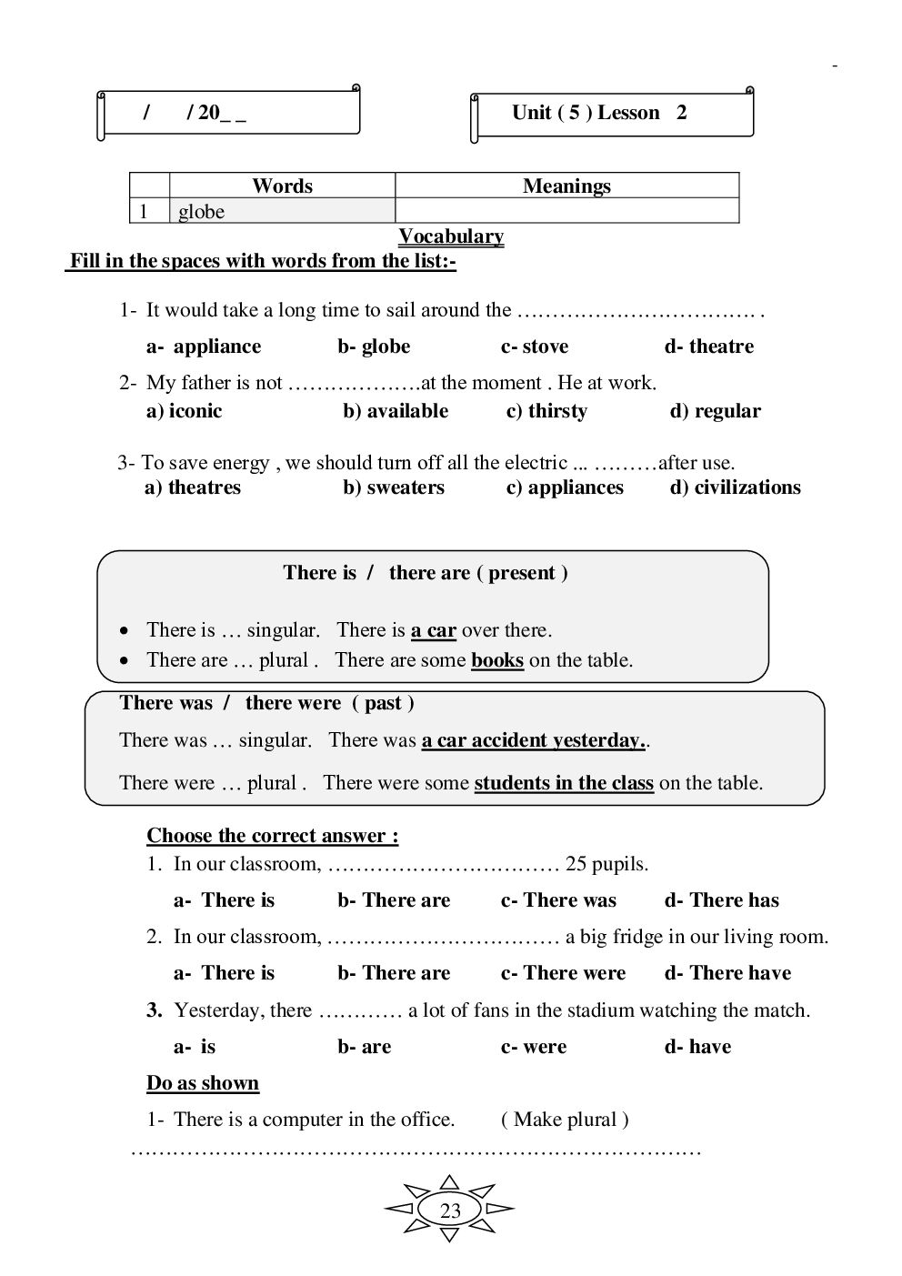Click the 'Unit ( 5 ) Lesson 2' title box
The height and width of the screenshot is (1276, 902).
[611, 114]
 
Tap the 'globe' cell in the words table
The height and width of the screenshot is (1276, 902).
[201, 212]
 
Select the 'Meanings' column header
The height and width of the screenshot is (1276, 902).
[566, 186]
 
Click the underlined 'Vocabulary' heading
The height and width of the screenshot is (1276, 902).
[451, 236]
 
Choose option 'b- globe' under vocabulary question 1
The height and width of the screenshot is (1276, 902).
[374, 347]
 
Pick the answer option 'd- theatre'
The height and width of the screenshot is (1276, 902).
[708, 347]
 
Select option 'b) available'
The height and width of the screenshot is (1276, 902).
[396, 411]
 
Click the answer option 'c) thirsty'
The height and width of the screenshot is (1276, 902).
[546, 411]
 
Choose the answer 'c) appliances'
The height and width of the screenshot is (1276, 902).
[565, 487]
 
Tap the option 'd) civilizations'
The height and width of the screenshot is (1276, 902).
[735, 487]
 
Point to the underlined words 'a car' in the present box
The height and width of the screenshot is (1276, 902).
[433, 630]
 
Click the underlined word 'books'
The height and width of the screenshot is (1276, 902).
[497, 660]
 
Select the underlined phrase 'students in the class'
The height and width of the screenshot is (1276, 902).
[564, 783]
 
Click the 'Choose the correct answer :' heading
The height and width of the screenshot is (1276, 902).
[272, 836]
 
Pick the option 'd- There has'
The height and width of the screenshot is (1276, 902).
[721, 900]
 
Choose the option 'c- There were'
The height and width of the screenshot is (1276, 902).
[563, 973]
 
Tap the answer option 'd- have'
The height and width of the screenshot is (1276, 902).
[697, 1047]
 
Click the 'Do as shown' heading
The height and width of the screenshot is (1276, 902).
[203, 1083]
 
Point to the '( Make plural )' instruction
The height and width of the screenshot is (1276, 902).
[565, 1120]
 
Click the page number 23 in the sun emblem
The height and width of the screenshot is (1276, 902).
[450, 1211]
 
